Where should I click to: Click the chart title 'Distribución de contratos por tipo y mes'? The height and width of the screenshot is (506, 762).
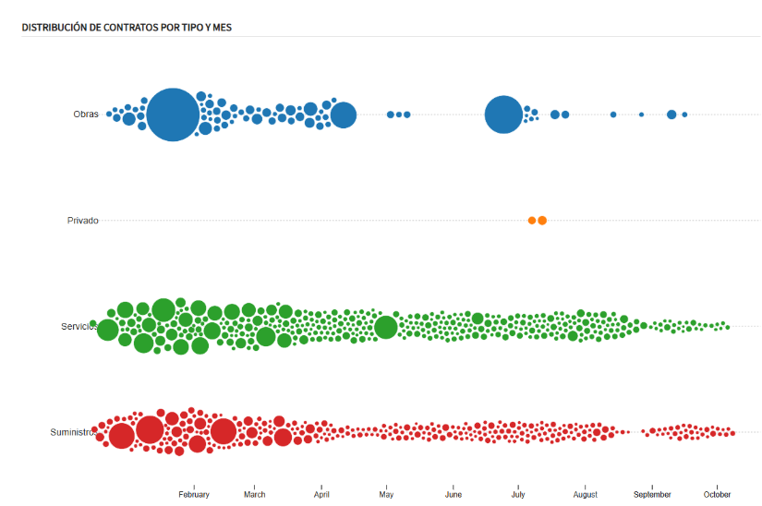pos(127,28)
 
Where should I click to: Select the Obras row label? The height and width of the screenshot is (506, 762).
pos(86,114)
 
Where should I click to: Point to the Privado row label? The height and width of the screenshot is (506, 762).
pos(82,221)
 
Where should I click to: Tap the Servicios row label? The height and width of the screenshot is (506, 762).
pos(79,327)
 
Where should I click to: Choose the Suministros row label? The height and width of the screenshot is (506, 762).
pos(73,432)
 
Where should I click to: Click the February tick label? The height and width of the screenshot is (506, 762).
pos(194,495)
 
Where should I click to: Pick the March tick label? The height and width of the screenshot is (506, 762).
pos(254,495)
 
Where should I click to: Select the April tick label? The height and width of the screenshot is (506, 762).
pos(321,495)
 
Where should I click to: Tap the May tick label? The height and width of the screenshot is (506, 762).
pos(386,495)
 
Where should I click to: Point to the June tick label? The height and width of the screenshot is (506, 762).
pos(453,495)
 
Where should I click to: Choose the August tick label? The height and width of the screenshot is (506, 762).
pos(585,495)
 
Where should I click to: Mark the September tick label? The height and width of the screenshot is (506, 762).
pos(652,495)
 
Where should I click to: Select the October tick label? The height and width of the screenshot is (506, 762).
pos(718,495)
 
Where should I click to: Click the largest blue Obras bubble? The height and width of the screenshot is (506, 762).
pos(172,114)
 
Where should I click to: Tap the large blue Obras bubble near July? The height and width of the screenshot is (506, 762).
pos(503,114)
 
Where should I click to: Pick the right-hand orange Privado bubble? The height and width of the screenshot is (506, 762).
pos(542,221)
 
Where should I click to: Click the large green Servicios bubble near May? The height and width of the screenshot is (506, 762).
pos(386,328)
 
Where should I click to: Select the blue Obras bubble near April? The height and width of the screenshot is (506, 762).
pos(344,115)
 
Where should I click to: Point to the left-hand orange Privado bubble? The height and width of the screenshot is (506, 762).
pos(532,221)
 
